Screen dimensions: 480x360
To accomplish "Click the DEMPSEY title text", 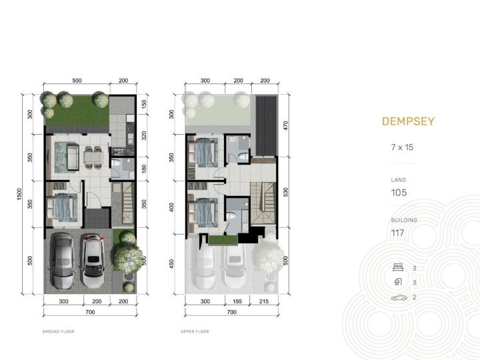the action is pyautogui.click(x=408, y=121).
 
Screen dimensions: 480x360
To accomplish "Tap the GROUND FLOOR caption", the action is pyautogui.click(x=59, y=331).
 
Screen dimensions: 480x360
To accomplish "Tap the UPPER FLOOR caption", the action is pyautogui.click(x=195, y=331).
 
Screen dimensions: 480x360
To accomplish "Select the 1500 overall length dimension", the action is pyautogui.click(x=19, y=195).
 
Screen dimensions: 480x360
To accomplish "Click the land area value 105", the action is pyautogui.click(x=399, y=193).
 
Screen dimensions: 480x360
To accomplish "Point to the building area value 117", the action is pyautogui.click(x=397, y=233).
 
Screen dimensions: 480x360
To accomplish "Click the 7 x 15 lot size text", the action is pyautogui.click(x=402, y=147).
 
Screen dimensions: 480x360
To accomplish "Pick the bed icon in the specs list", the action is pyautogui.click(x=398, y=267).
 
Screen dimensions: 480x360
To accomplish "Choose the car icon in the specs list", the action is pyautogui.click(x=399, y=297).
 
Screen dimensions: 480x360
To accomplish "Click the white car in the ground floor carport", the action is pyautogui.click(x=93, y=261).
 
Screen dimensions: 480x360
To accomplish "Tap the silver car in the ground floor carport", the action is pyautogui.click(x=63, y=261).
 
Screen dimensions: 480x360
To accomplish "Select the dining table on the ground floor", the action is pyautogui.click(x=93, y=157).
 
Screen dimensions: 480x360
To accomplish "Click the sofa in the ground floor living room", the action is pyautogui.click(x=73, y=157).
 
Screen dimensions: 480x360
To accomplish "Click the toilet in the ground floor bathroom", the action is pyautogui.click(x=116, y=163).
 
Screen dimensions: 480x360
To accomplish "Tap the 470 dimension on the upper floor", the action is pyautogui.click(x=285, y=125).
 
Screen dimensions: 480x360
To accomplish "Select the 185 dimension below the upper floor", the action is pyautogui.click(x=237, y=301).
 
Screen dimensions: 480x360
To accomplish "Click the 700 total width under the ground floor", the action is pyautogui.click(x=90, y=312).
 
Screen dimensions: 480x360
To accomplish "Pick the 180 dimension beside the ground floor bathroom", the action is pyautogui.click(x=144, y=169).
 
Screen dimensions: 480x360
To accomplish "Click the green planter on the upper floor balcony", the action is pyautogui.click(x=223, y=240).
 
